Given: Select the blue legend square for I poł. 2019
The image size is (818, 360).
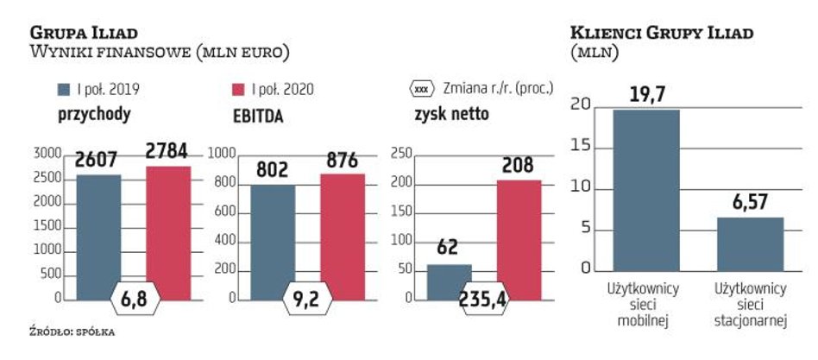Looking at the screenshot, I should pyautogui.click(x=64, y=89).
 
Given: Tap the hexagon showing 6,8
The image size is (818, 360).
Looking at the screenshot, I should pyautogui.click(x=133, y=300).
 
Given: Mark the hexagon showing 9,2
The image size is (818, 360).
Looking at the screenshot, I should pyautogui.click(x=308, y=300).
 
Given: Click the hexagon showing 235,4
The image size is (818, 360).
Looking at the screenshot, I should pyautogui.click(x=483, y=300).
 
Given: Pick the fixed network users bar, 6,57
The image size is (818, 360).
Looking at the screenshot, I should pyautogui.click(x=749, y=243).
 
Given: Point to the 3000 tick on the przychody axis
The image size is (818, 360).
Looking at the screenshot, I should pyautogui.click(x=48, y=155).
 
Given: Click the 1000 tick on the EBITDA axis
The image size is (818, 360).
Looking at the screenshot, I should pyautogui.click(x=223, y=155).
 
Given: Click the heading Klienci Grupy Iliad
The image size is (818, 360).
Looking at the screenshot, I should pyautogui.click(x=663, y=33).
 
